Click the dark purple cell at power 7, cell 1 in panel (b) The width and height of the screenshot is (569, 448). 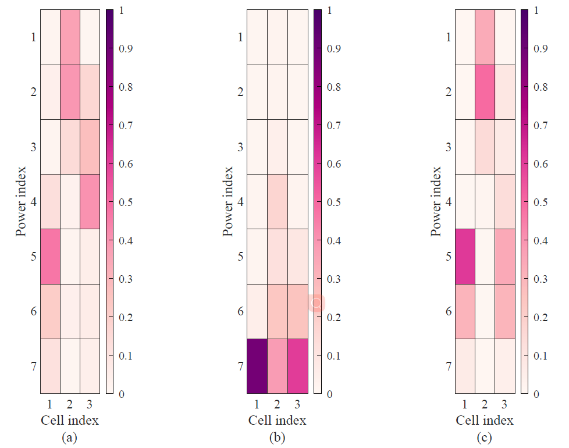coord(257,366)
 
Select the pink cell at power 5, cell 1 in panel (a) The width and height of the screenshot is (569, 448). coord(50,257)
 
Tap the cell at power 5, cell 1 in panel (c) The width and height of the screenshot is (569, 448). coord(465,257)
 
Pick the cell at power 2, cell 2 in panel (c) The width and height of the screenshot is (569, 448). coord(485,92)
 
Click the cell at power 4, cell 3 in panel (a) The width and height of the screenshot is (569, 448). coord(90,201)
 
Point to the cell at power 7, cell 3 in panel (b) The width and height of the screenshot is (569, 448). coord(297,366)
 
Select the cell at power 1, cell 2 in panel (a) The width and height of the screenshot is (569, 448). coord(70,37)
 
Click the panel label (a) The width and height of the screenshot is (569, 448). coord(69,438)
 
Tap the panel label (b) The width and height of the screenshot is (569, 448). coord(277,438)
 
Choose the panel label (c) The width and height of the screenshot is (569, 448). coord(485,438)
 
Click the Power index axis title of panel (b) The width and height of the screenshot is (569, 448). coord(228,201)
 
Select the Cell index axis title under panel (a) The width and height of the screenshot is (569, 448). coord(69,420)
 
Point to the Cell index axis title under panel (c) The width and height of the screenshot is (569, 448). coord(485,420)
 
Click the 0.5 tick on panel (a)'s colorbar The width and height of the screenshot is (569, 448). coord(126,202)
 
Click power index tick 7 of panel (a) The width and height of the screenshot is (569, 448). coord(33,366)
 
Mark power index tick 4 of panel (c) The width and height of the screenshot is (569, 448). coord(449,201)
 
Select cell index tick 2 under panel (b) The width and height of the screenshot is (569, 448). coord(277,403)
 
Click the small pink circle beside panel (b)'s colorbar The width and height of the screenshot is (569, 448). coord(317,303)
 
